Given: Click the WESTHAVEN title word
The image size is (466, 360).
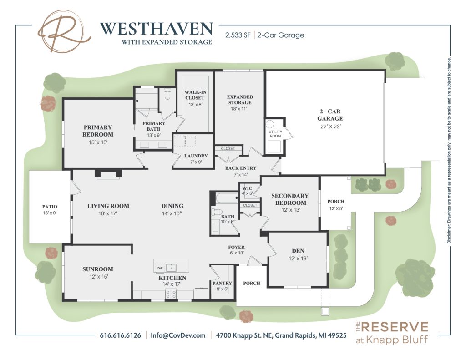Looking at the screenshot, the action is point(157,29).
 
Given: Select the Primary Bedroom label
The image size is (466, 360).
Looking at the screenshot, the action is point(98,131).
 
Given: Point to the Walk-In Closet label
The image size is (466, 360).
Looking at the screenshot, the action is point(195,95).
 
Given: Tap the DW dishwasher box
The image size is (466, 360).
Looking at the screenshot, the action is point(160,268).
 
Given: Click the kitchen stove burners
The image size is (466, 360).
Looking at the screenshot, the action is point(171,294).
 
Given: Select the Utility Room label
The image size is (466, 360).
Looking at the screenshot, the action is point(275,134).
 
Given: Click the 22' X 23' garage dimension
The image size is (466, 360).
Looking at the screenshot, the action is point(330,127).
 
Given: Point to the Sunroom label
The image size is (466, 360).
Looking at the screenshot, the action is point(98,269).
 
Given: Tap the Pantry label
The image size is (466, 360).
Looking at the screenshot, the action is point(222,283).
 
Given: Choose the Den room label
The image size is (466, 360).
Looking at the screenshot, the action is point(298,251).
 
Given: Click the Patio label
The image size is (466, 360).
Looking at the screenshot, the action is point(50,207).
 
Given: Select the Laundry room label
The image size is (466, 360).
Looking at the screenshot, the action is point(196,156).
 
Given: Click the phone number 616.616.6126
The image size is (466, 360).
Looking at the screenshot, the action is point(120,335).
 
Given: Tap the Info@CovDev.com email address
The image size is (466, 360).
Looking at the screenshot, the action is point(178,335).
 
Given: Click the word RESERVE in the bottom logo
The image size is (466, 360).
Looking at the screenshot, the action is point(395,327).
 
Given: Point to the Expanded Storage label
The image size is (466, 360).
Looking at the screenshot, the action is point(240,100).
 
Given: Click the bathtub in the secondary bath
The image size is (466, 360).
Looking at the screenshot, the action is point(227,198).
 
